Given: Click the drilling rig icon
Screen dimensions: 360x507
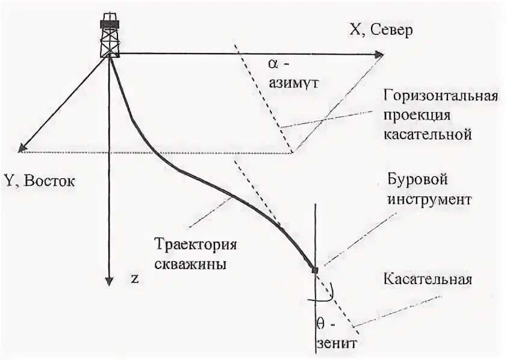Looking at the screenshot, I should click(110, 34).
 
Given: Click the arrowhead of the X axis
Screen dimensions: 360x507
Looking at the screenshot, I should click(379, 55).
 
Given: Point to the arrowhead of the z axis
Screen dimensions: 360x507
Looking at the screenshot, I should click(109, 280).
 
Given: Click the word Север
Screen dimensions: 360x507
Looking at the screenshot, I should click(393, 31).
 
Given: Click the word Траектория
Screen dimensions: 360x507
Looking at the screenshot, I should click(194, 245).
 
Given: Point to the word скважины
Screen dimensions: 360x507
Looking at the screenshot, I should click(190, 264).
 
